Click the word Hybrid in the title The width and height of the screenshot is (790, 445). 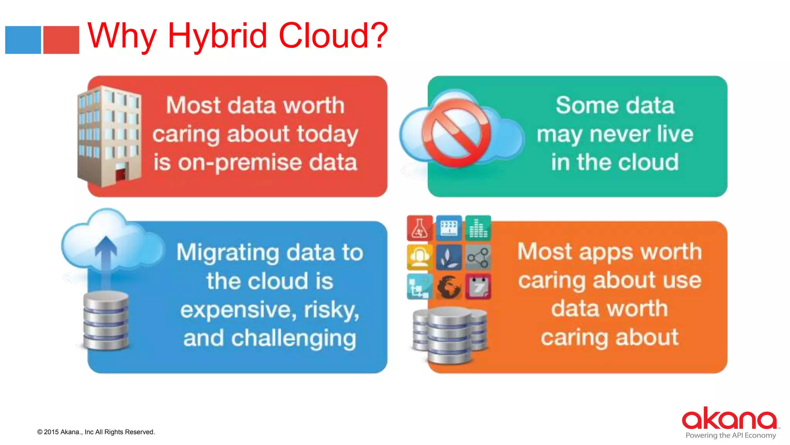coord(217,36)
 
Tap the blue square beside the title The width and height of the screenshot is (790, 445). coord(23,40)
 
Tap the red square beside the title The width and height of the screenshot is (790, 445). coord(61,40)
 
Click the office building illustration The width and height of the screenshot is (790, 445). coord(109,136)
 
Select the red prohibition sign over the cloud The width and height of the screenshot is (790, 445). coord(456,133)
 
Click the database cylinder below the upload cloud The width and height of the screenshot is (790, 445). coord(106,321)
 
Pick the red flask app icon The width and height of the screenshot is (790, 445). coord(419,228)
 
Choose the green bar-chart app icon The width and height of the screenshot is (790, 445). coord(478,228)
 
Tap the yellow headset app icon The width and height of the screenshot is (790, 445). coord(419,257)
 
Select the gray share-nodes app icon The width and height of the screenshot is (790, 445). coord(478,257)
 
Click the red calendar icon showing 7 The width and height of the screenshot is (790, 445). coord(478,287)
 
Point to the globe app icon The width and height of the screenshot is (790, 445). coord(449,287)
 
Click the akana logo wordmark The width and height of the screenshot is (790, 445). coord(729,419)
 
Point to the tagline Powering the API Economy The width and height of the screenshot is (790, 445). coord(731,435)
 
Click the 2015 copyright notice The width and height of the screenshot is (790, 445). coord(96,432)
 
